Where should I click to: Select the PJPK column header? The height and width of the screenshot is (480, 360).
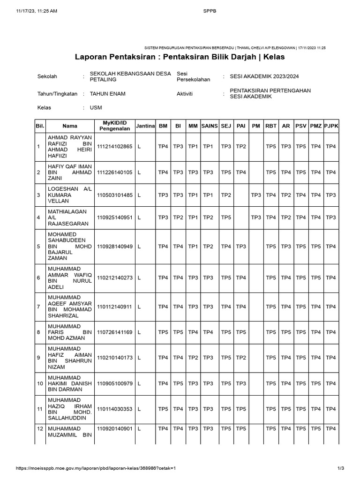coord(331,126)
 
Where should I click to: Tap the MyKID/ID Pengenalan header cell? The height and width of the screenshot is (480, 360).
coord(115,126)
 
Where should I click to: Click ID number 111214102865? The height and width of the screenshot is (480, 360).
coord(115,147)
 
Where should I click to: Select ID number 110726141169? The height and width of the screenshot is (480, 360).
coord(115,332)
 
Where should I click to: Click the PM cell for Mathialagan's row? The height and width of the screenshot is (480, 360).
coord(256,217)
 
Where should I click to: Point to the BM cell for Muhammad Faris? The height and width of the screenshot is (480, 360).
coord(163,332)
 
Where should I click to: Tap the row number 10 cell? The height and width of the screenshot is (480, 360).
coord(40,383)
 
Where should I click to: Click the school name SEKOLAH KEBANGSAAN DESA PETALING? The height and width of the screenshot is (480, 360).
coord(130,76)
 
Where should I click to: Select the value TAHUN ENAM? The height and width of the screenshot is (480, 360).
coord(107,94)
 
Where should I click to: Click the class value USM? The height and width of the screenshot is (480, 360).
coord(96,108)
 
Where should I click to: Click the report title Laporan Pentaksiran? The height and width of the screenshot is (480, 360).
coord(180,57)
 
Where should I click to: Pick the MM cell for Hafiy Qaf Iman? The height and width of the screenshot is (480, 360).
coord(193,172)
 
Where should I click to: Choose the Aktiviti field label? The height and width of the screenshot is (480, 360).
coord(185,94)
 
